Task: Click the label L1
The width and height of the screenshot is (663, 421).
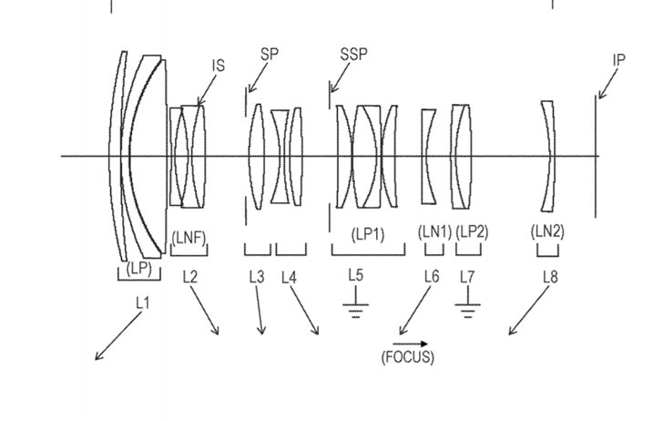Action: click(x=141, y=303)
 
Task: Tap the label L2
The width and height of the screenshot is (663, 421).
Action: click(x=189, y=277)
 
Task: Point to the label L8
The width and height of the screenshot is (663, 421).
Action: click(x=549, y=277)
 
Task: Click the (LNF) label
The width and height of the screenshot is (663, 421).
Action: click(x=189, y=238)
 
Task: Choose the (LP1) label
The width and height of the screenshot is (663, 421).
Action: click(x=368, y=233)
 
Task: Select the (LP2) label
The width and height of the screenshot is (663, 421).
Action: click(x=472, y=233)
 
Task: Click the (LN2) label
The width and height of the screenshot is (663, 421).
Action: click(x=547, y=231)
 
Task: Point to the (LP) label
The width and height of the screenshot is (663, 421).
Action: click(x=139, y=268)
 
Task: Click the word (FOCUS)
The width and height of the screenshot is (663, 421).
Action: click(x=407, y=356)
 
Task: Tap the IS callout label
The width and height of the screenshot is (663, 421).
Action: click(x=219, y=66)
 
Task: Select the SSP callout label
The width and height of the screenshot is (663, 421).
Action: click(x=353, y=54)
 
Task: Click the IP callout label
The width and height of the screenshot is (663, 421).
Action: click(x=619, y=60)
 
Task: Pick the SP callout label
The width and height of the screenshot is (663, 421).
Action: click(x=269, y=54)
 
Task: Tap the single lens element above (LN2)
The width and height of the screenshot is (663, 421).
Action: click(x=547, y=156)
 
